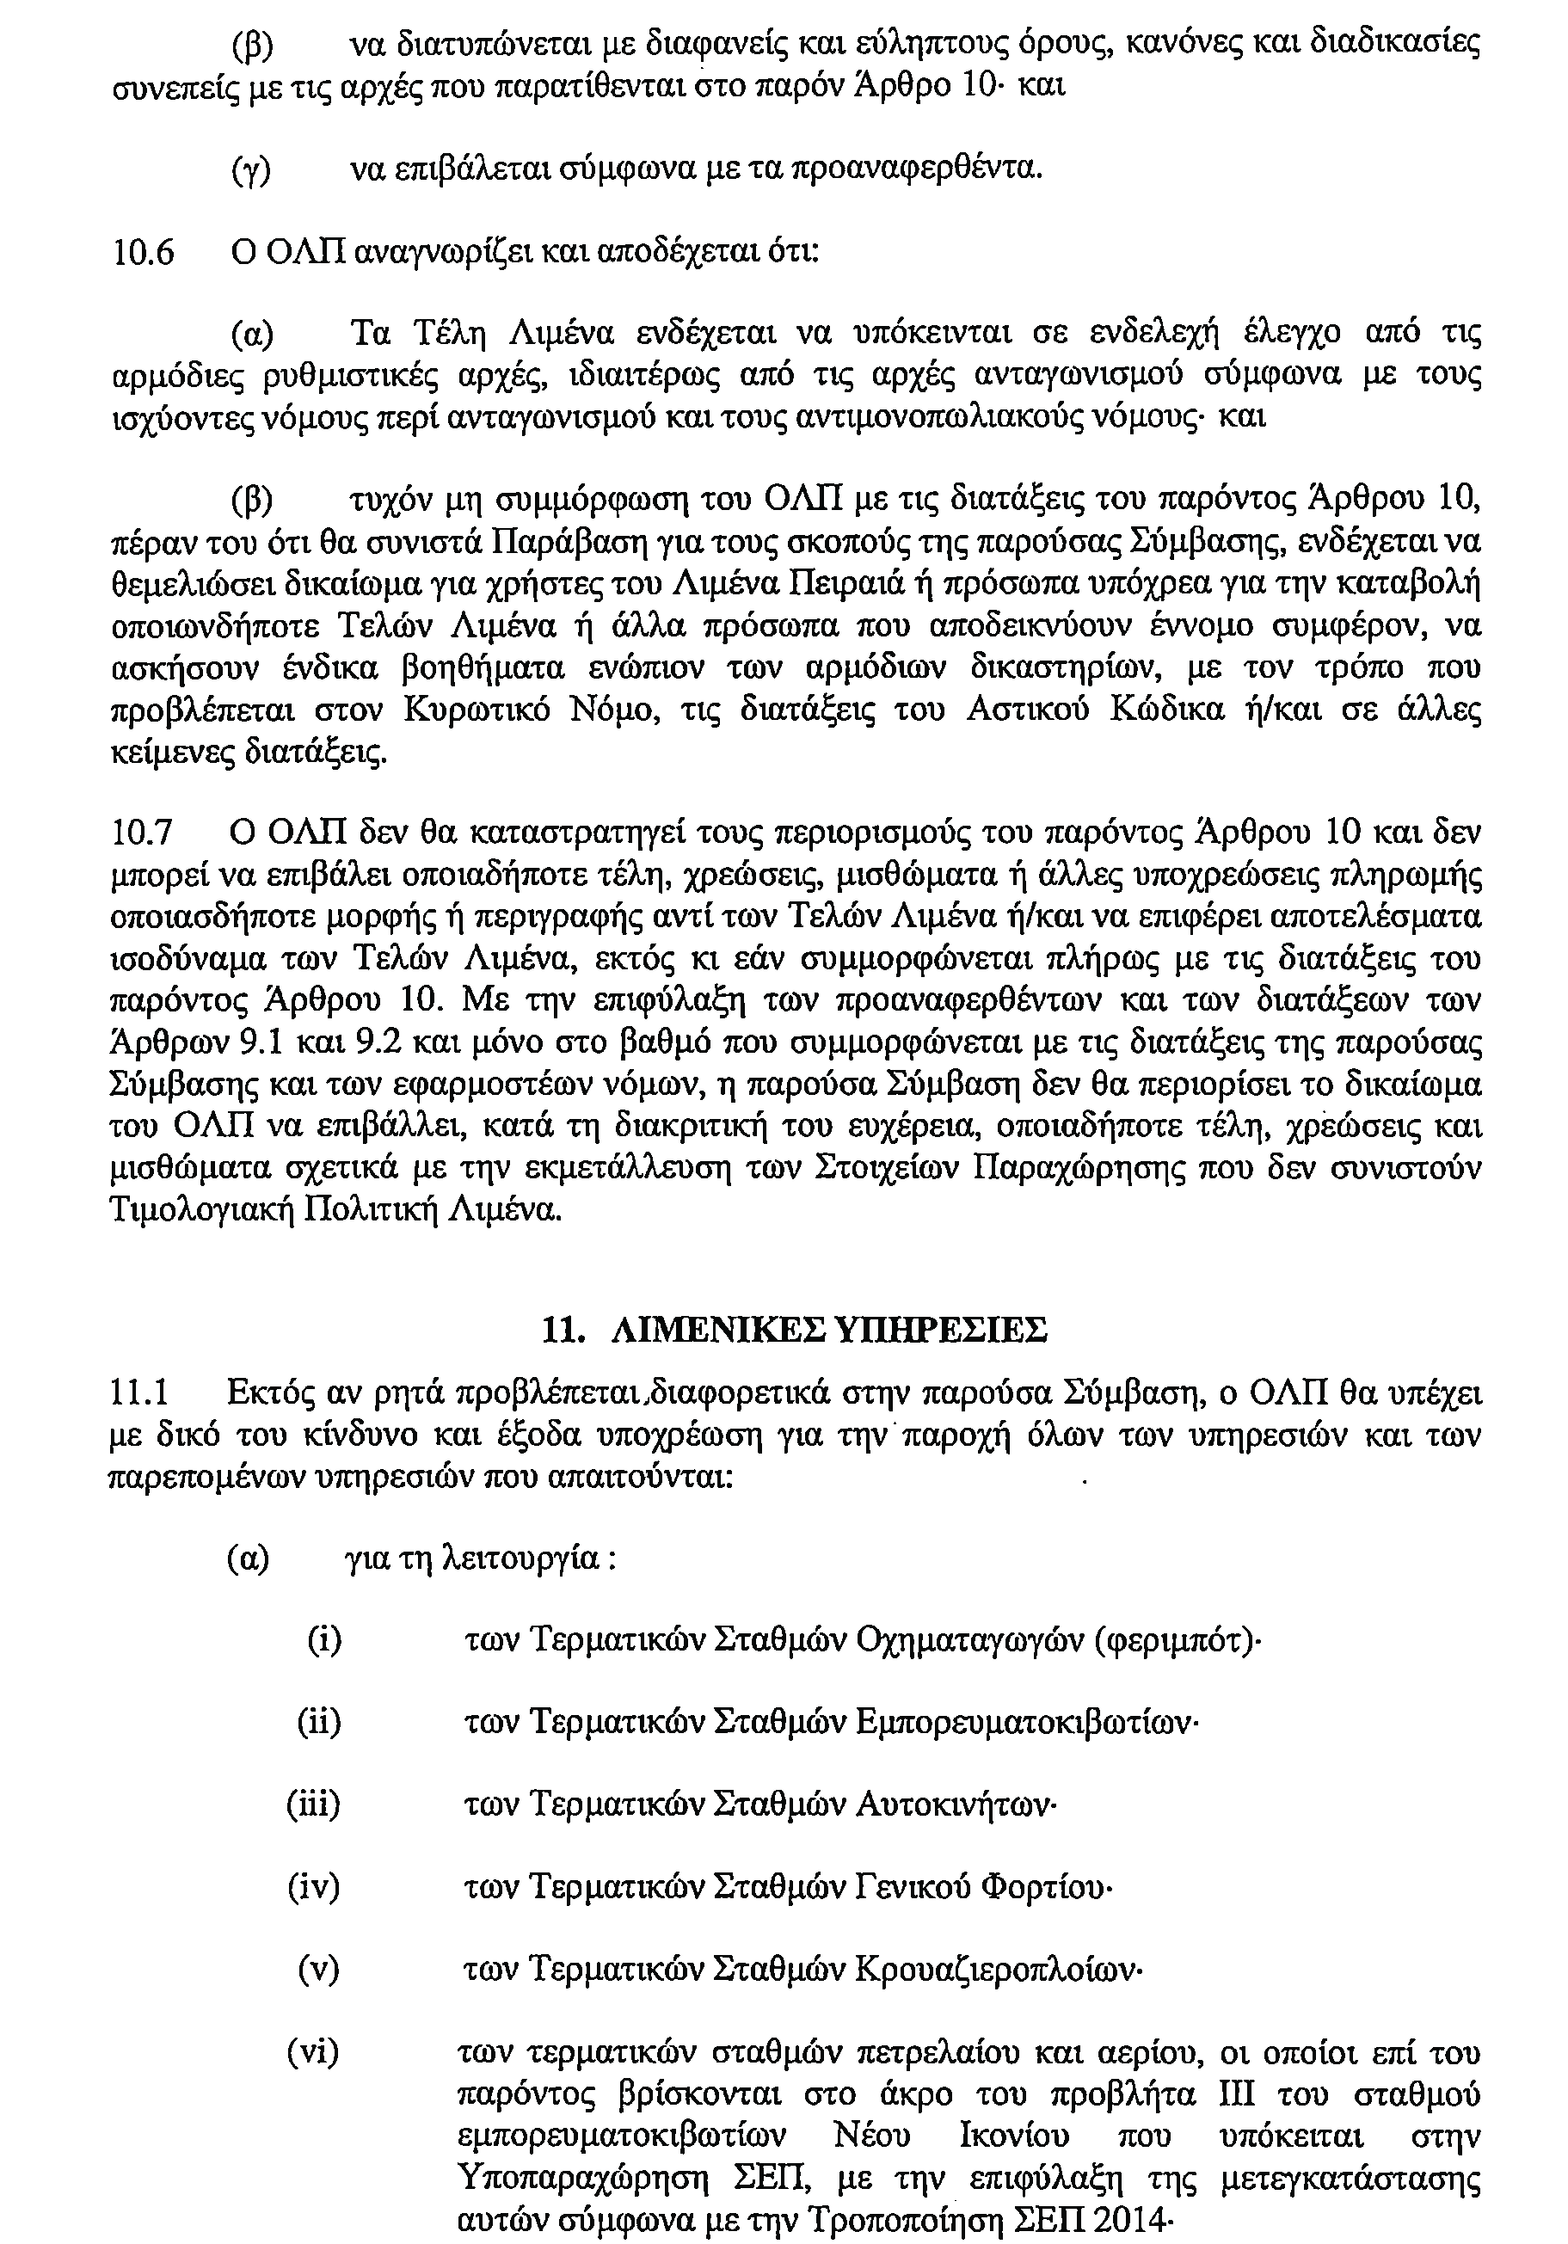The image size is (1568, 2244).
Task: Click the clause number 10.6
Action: click(x=144, y=252)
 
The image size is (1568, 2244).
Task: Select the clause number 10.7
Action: click(x=144, y=833)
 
